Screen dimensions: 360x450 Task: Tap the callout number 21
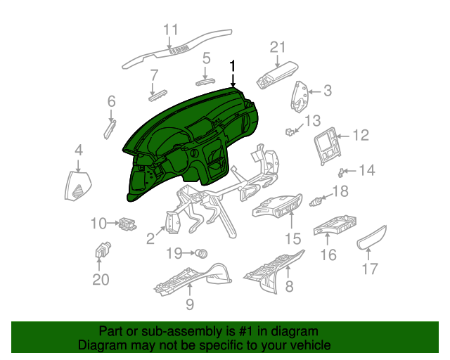click(x=279, y=47)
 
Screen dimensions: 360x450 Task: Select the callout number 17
click(x=370, y=268)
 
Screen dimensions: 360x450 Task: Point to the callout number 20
click(x=101, y=279)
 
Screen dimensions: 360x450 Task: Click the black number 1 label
click(x=233, y=66)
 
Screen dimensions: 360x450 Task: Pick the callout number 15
click(x=292, y=238)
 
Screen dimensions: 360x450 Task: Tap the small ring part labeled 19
click(x=202, y=251)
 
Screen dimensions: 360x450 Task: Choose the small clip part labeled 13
click(x=289, y=131)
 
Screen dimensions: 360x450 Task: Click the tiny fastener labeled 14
click(x=342, y=171)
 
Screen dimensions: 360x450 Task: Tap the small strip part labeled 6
click(x=110, y=129)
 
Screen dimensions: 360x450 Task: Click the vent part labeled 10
click(x=127, y=224)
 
